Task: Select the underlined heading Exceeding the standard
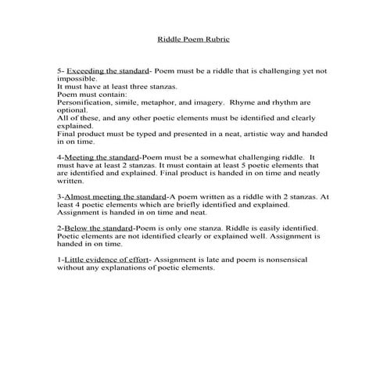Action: (104, 70)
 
